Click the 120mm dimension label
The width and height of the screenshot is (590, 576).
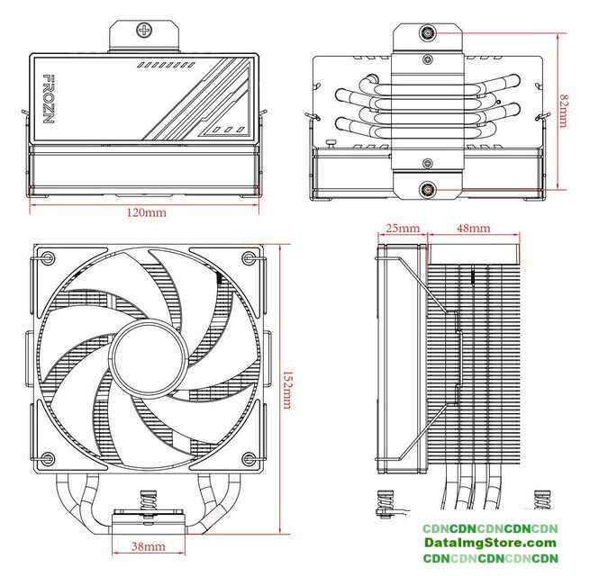tap(146, 214)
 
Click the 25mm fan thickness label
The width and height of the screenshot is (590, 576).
tap(399, 229)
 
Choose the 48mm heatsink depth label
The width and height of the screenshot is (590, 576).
tap(474, 229)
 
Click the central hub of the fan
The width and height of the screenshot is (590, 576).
tap(146, 359)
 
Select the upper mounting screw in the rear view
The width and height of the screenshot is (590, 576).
tap(426, 35)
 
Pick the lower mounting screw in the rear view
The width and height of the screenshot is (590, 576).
tap(426, 190)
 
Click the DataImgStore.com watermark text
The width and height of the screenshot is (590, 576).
tap(491, 544)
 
